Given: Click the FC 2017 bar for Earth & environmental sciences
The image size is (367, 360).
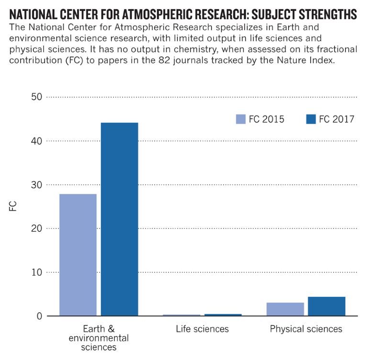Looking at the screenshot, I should click(x=119, y=219).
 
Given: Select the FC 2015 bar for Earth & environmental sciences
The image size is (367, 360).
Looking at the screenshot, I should click(x=78, y=255).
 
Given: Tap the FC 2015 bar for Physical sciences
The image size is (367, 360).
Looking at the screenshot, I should click(x=285, y=309).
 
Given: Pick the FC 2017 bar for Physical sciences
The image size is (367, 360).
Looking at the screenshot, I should click(x=326, y=306).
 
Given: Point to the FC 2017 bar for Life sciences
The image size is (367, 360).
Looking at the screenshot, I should click(x=223, y=315).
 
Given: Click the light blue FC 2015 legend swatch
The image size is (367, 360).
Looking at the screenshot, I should click(x=240, y=119).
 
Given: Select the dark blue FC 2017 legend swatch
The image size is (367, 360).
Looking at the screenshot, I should click(x=311, y=119).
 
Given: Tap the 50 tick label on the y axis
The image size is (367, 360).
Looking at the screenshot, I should click(x=37, y=97).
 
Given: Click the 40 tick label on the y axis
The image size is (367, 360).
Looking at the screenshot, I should click(x=37, y=141).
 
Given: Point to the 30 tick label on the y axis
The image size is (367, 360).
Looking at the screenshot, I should click(x=37, y=185).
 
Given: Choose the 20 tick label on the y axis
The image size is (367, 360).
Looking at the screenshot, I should click(x=37, y=228).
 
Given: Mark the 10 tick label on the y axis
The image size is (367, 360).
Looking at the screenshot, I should click(x=37, y=272).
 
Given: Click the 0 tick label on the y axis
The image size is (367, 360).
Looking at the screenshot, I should click(x=40, y=316).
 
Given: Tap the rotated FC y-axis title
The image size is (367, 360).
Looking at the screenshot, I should click(x=13, y=206).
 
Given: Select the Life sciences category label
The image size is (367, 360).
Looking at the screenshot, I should click(x=202, y=329).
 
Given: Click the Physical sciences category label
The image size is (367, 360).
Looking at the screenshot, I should click(x=306, y=329).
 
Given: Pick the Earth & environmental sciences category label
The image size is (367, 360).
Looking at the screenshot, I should click(x=99, y=337).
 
